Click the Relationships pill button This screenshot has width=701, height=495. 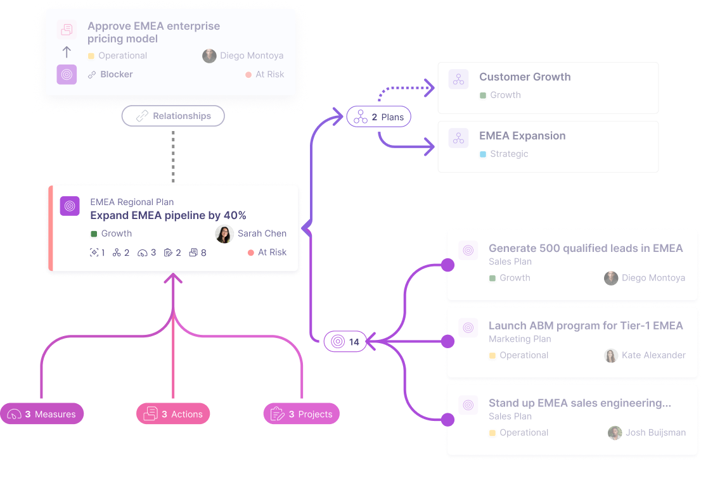pos(173,116)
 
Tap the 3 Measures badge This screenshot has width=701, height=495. pos(42,414)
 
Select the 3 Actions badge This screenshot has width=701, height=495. pos(173,414)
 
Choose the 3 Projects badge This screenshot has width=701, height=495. pos(302,414)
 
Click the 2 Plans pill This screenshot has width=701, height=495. pos(378,117)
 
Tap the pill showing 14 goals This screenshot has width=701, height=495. pos(345,342)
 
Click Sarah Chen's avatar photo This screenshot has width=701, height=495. pos(224,234)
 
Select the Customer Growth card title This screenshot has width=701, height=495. pos(525,77)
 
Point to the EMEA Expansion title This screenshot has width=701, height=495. pos(522,135)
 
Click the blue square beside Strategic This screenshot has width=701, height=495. pos(483,154)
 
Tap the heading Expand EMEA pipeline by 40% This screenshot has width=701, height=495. pos(168,216)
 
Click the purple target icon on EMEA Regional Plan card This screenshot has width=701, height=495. pos(70,206)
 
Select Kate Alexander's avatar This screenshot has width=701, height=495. pos(611,355)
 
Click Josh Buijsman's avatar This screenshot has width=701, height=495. pos(615,432)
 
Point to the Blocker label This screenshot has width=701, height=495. pos(116,75)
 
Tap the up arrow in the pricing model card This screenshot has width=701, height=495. pos(67,53)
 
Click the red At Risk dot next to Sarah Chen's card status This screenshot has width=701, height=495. pos(251,253)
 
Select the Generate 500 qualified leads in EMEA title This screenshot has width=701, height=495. pos(586,248)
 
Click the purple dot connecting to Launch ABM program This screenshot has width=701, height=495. pos(447,341)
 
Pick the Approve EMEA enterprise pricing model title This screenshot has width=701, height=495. pos(154,32)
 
